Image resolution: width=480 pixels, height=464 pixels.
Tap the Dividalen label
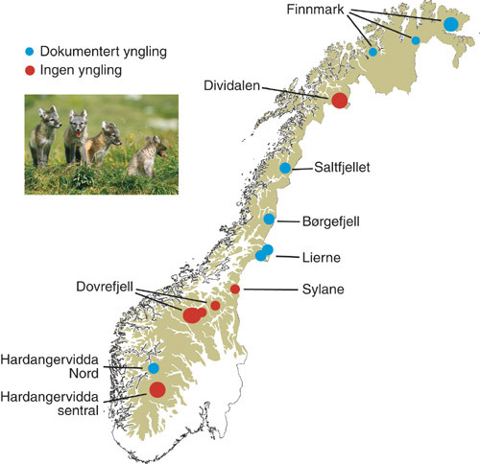click(x=230, y=83)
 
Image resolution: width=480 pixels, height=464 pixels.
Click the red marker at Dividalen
click(x=339, y=101)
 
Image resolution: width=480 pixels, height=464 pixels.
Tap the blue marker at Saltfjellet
click(x=285, y=168)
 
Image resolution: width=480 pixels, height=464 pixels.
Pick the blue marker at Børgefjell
click(x=270, y=220)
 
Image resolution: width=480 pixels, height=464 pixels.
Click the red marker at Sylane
click(x=235, y=289)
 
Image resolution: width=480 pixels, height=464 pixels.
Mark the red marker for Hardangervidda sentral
click(x=156, y=388)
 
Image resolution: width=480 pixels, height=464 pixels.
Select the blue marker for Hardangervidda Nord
click(x=154, y=368)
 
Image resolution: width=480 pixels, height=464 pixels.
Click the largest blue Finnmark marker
click(x=450, y=23)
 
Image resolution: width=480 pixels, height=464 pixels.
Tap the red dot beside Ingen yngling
click(x=30, y=70)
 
